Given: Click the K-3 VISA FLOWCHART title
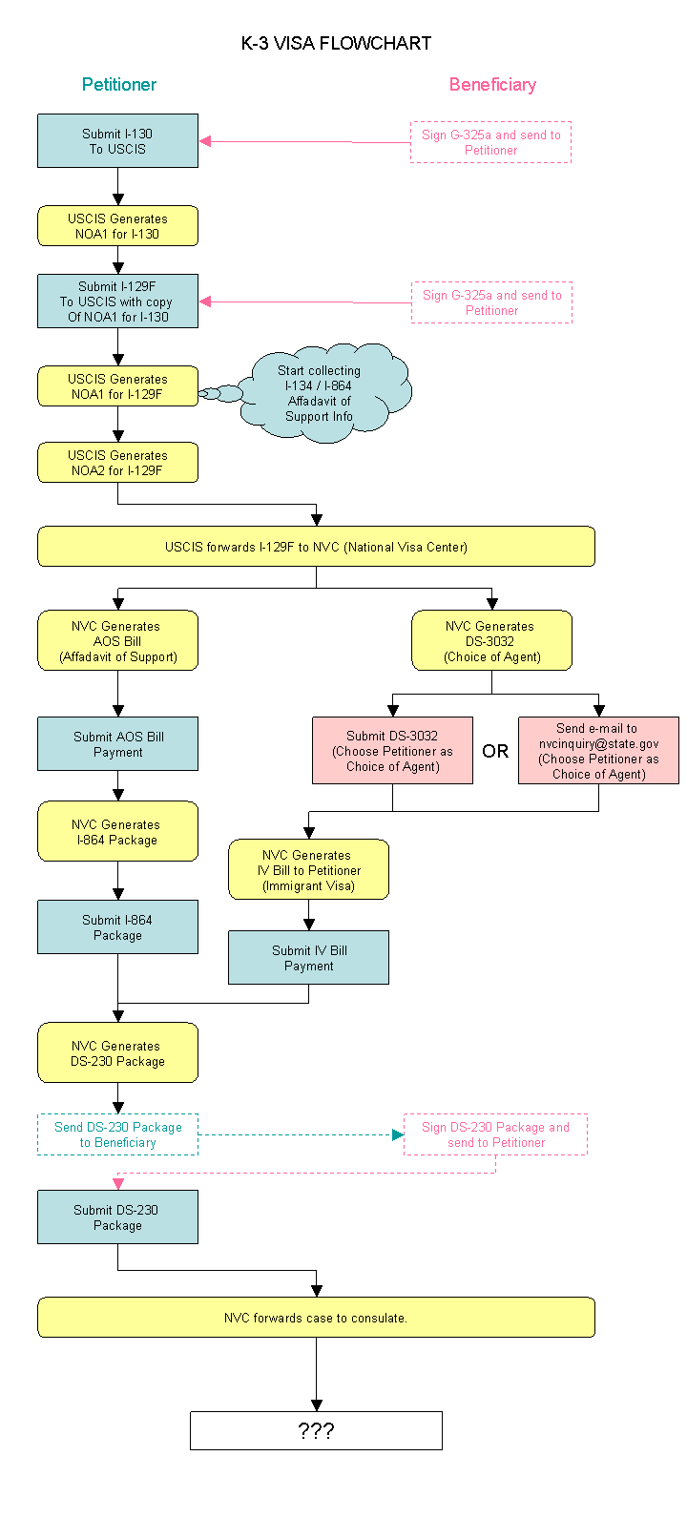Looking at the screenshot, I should point(336,43).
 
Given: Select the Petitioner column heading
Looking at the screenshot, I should point(118,84).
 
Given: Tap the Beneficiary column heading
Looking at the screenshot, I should point(492,84).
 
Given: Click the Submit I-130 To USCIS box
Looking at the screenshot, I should point(117,141).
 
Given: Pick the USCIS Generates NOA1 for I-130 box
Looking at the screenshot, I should point(117,226).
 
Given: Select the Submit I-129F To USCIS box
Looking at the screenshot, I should point(117,302).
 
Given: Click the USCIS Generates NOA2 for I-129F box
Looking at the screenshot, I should point(117,463).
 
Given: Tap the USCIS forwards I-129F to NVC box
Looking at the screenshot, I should point(316,547).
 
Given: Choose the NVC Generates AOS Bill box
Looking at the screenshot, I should point(117,641).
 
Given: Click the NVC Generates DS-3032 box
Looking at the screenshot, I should point(491,641).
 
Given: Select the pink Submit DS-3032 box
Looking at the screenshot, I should point(392,751).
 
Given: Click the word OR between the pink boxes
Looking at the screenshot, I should point(495,752).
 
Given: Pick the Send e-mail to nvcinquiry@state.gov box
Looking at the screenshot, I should point(598,751).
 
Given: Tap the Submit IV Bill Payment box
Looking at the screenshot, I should point(308,958).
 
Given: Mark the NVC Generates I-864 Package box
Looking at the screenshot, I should point(117,832).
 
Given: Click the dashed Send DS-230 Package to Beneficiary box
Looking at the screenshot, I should point(117,1134).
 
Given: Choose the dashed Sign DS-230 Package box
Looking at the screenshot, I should point(495,1134).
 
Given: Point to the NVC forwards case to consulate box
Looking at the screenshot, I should point(316,1318).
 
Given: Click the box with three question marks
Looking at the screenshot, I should point(316,1431).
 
